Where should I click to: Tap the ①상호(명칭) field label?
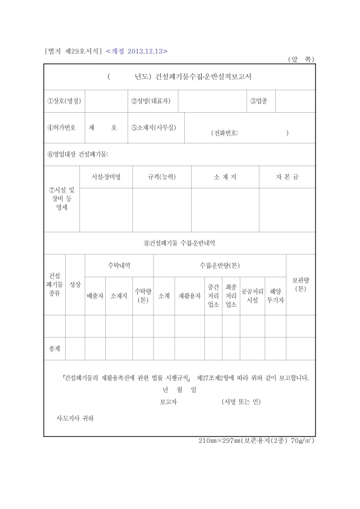point(62,101)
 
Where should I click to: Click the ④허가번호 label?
point(61,128)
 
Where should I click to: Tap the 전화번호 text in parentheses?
point(224,133)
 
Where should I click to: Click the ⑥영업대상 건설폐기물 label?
point(78,154)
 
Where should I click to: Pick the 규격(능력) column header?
point(161,177)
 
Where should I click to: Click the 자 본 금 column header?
point(287,177)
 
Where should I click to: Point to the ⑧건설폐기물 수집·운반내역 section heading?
point(179,243)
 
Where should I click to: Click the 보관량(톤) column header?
point(300,285)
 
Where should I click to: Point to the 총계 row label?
point(55,349)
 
